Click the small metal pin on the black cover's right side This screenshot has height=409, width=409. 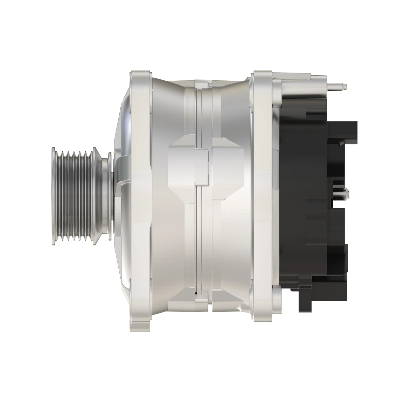[x=344, y=193]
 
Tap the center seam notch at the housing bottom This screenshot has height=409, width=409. [x=203, y=303]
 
